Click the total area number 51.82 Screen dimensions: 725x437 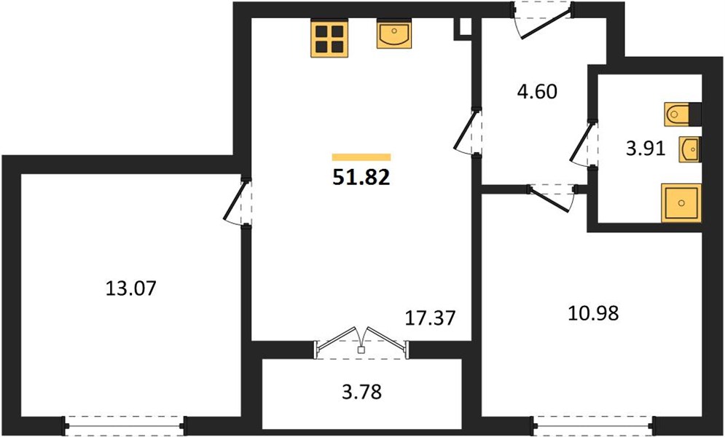point(361,178)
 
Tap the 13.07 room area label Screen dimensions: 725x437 point(131,288)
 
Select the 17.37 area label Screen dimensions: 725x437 point(430,318)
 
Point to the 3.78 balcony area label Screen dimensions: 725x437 point(362,393)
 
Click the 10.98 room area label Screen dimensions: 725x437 point(593,314)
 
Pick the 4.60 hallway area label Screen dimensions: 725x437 point(536,92)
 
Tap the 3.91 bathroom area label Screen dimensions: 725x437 point(646,149)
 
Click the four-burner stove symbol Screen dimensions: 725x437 point(329,39)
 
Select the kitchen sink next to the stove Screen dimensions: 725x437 point(394,34)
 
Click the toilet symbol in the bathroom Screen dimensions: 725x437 point(683,114)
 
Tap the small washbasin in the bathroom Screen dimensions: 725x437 point(690,149)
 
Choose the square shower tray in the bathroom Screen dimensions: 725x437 point(681,202)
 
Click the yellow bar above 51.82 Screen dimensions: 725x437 point(361,157)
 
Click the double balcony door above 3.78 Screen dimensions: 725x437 point(361,345)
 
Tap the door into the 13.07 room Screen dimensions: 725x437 point(238,202)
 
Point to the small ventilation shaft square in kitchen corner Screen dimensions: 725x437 point(463,29)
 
